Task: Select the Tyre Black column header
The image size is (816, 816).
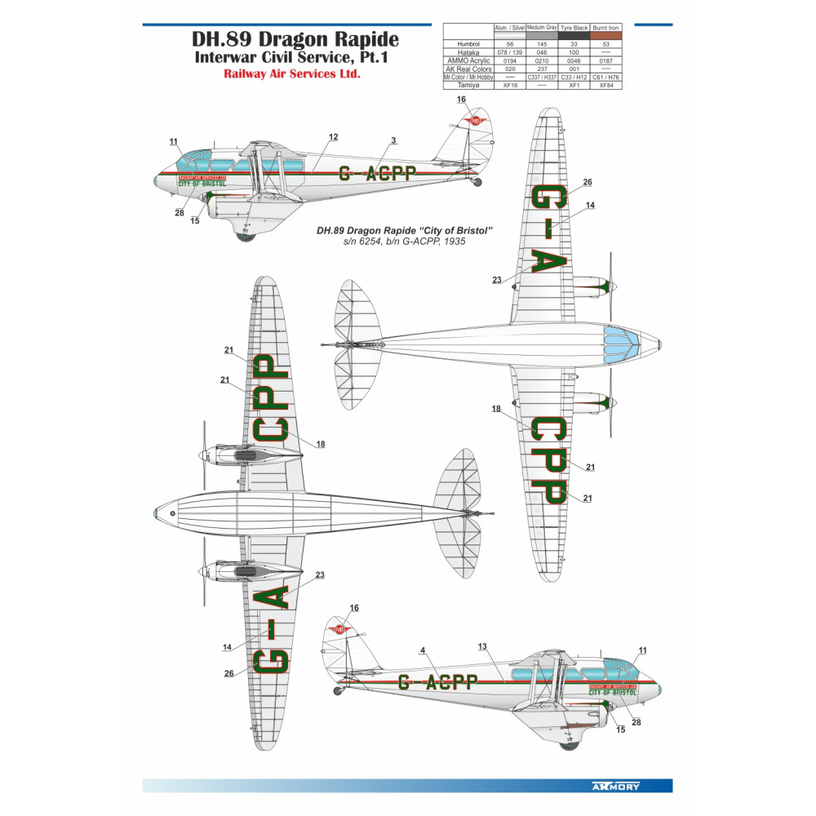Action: [x=574, y=28]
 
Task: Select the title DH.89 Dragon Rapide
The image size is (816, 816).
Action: [x=295, y=39]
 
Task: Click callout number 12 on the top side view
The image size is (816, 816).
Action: [x=333, y=136]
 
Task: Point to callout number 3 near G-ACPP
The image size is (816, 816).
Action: [x=393, y=140]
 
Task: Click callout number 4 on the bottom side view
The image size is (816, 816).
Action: [x=422, y=650]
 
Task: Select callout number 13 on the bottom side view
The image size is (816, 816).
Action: [x=482, y=646]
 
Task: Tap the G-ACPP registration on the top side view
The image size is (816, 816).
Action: [x=376, y=173]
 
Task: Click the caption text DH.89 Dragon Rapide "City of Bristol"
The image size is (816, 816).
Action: [x=406, y=232]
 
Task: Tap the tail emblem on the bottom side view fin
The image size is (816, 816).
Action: [x=340, y=629]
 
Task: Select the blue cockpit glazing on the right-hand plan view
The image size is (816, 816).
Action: [x=623, y=344]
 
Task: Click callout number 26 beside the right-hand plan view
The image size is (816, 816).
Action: [x=588, y=182]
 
